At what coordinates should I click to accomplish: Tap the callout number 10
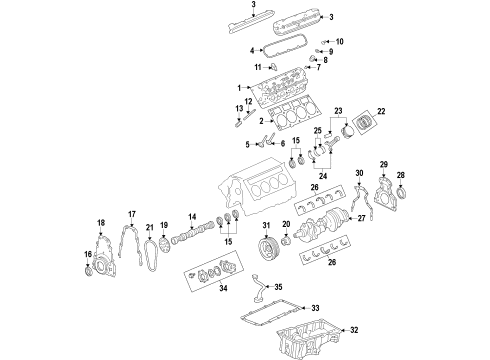click(338, 41)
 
